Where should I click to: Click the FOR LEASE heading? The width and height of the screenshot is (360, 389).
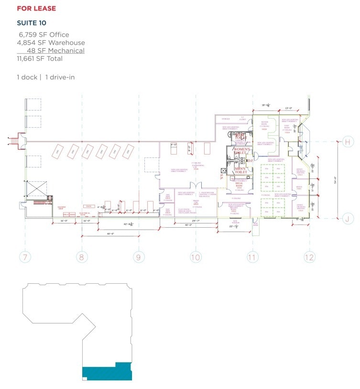pos(36,9)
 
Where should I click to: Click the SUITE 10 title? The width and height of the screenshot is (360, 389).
pos(32,22)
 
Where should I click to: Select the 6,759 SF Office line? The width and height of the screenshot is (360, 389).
pos(44,35)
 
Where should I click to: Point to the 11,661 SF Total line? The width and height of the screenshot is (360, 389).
pos(40,58)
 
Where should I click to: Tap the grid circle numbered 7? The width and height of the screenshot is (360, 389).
pos(25,257)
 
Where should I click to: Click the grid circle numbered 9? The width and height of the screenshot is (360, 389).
pos(139,257)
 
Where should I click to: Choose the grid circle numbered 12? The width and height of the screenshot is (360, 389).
pos(309,257)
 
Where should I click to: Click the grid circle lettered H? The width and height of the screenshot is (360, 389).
pos(349,142)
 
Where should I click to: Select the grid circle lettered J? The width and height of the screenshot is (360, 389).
pos(349,219)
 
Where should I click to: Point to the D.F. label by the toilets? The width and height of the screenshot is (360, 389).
pos(250,161)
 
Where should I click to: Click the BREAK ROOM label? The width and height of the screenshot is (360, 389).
pos(237,185)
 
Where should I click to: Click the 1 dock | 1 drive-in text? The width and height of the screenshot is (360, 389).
pos(45,77)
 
